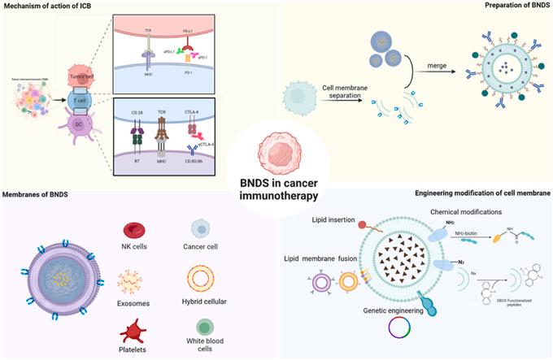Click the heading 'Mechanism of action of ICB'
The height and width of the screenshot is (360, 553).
click(51, 8)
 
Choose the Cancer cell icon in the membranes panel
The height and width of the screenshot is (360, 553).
click(200, 230)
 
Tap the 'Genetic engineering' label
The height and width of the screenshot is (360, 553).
click(395, 310)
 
